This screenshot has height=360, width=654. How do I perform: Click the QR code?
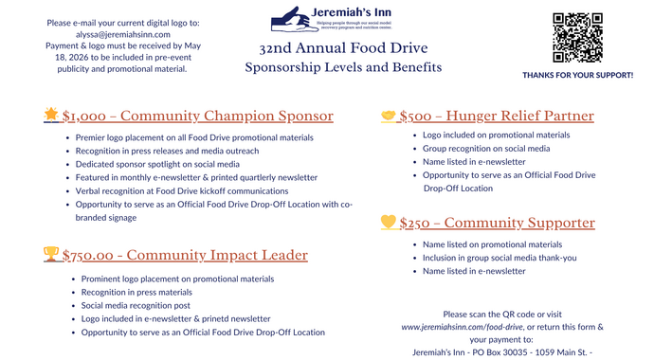pyautogui.click(x=576, y=38)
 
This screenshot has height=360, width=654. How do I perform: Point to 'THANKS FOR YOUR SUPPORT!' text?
pyautogui.click(x=578, y=74)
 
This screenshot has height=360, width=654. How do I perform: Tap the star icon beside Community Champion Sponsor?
pyautogui.click(x=51, y=116)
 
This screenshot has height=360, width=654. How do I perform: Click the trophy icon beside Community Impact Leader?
pyautogui.click(x=51, y=254)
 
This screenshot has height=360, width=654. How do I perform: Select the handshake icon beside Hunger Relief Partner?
pyautogui.click(x=388, y=116)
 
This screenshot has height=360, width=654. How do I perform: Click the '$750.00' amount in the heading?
pyautogui.click(x=91, y=255)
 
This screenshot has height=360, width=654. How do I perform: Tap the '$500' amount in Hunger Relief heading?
pyautogui.click(x=415, y=117)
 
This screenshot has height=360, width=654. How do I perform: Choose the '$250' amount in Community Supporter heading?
pyautogui.click(x=415, y=224)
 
